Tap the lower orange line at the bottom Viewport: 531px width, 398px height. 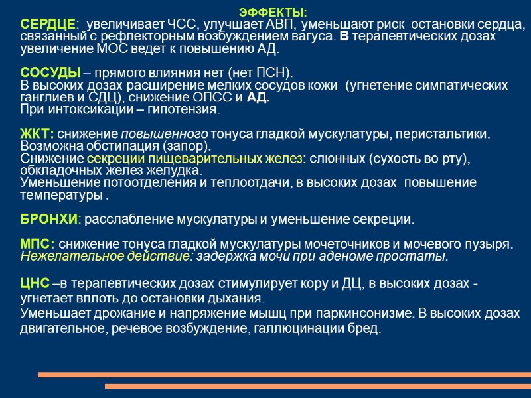[318, 386]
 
